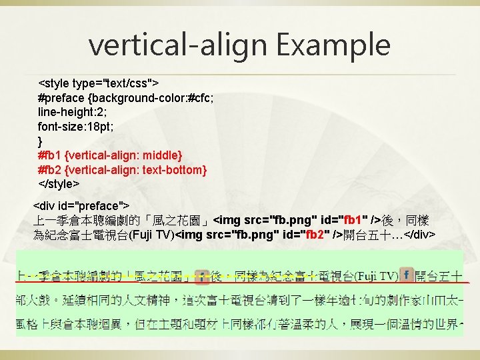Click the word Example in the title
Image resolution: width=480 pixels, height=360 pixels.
point(333,45)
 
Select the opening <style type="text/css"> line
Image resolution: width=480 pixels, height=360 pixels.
point(99,84)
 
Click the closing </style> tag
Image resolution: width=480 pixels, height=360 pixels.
point(59,183)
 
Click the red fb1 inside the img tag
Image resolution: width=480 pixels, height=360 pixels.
point(351,220)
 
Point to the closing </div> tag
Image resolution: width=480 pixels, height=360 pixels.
point(420,235)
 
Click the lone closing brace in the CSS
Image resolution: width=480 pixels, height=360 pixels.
point(40,141)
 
